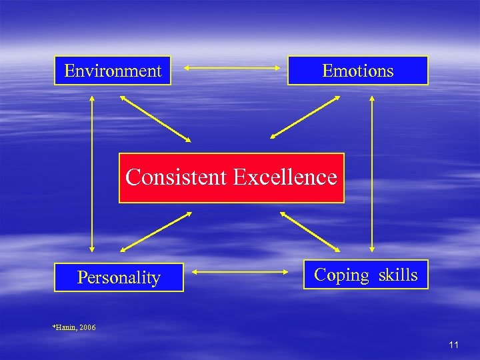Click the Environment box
tap(113, 70)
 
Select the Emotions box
tap(357, 70)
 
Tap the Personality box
tap(119, 277)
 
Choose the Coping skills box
tap(365, 275)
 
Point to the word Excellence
tap(285, 177)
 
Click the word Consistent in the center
tap(177, 177)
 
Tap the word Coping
tap(341, 275)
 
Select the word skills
tap(398, 275)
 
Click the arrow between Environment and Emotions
tap(230, 67)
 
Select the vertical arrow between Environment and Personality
tap(92, 173)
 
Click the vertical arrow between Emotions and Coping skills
tap(372, 173)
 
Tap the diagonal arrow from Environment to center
tap(155, 119)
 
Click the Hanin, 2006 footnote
tap(74, 327)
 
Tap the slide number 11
tap(454, 345)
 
